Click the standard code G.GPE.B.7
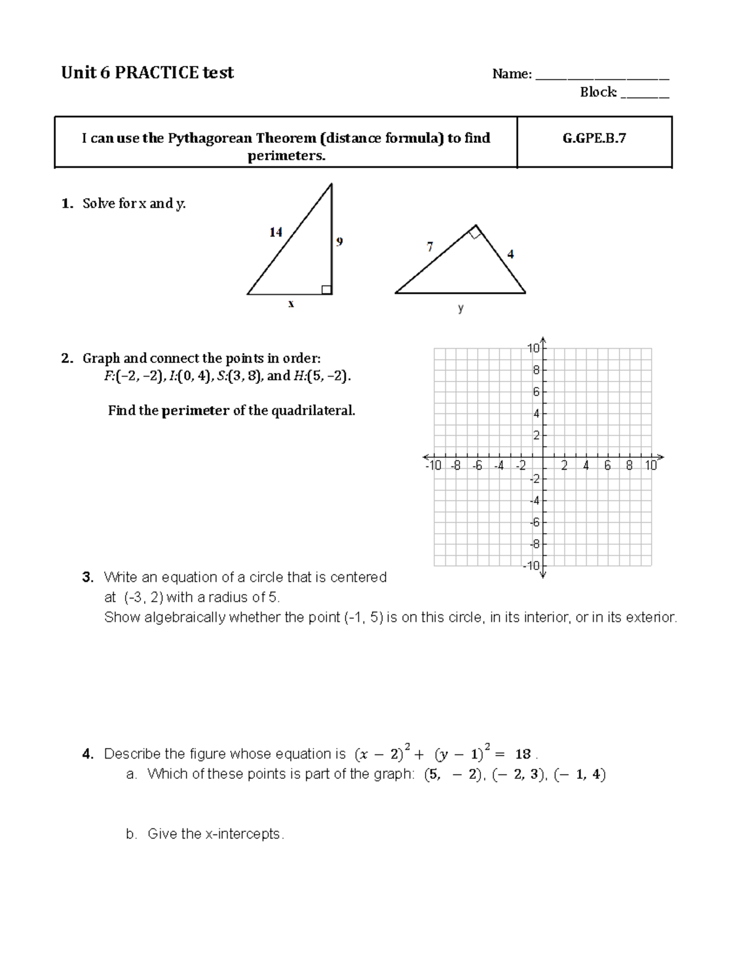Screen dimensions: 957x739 (x=594, y=138)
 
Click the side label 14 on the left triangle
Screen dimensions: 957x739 (x=275, y=232)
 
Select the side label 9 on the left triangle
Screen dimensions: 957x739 (x=339, y=242)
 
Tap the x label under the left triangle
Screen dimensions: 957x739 (x=291, y=303)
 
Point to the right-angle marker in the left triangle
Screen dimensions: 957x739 (x=326, y=290)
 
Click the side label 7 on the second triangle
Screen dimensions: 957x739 (x=430, y=246)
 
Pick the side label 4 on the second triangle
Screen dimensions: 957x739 (x=511, y=253)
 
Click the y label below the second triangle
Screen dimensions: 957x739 (x=461, y=308)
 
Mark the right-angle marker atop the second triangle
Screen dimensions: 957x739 (x=474, y=232)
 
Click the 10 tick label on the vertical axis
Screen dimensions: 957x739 (x=533, y=349)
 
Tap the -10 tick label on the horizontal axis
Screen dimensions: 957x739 (x=433, y=466)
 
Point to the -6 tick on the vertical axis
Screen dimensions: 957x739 (x=535, y=523)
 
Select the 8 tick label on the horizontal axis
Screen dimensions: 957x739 (x=629, y=466)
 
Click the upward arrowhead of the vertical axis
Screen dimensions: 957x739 (x=543, y=340)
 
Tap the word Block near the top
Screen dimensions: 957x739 (x=597, y=92)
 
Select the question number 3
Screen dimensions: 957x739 (x=87, y=577)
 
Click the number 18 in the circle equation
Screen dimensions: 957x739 (x=523, y=754)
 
